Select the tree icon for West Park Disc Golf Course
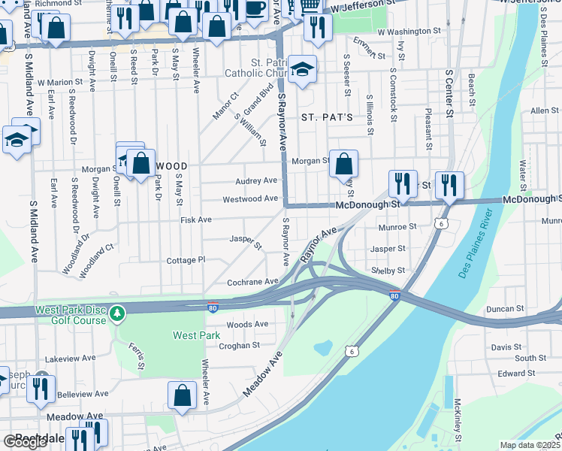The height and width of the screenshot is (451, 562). (116, 312)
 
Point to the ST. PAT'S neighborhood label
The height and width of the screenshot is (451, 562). (327, 118)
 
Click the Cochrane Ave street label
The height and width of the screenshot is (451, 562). (252, 282)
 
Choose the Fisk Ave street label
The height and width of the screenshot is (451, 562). (196, 220)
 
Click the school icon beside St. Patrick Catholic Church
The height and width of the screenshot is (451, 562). (303, 69)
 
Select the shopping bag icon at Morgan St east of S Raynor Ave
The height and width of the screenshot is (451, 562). (343, 163)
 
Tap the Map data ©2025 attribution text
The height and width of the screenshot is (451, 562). (530, 445)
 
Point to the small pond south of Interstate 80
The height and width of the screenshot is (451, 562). (324, 348)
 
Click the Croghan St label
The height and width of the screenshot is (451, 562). (239, 346)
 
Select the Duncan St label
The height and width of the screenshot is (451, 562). (504, 309)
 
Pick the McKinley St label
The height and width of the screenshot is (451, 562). (456, 421)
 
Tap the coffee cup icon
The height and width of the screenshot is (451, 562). (255, 8)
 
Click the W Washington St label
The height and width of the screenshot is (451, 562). (409, 32)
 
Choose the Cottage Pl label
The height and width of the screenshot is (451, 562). (186, 260)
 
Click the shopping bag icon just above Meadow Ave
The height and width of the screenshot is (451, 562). (183, 395)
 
